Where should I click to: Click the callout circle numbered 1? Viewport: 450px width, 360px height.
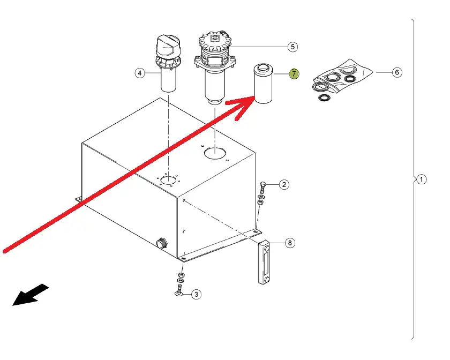[x=421, y=179]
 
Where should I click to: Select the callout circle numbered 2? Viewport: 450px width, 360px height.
[x=284, y=184]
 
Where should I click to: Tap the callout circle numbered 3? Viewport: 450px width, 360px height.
[x=196, y=294]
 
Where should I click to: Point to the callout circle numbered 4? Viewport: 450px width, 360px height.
[x=140, y=73]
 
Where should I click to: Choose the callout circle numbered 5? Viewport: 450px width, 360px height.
[x=292, y=47]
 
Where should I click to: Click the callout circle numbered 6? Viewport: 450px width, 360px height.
[x=397, y=72]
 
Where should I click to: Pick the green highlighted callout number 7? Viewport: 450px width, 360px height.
[x=294, y=74]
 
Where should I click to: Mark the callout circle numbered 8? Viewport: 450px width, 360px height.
[x=290, y=243]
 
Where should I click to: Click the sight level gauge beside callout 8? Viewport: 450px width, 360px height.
[x=264, y=262]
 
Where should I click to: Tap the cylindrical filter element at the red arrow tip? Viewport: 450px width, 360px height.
[x=263, y=84]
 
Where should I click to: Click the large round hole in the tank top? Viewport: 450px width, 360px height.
[x=215, y=154]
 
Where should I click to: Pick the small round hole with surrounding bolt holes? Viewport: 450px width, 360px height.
[x=168, y=181]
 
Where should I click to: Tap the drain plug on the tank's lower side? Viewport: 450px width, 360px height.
[x=162, y=243]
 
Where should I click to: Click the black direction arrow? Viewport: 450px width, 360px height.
[x=31, y=295]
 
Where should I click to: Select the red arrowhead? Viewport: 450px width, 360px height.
[x=241, y=107]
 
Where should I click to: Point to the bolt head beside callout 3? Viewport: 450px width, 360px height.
[x=179, y=294]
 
